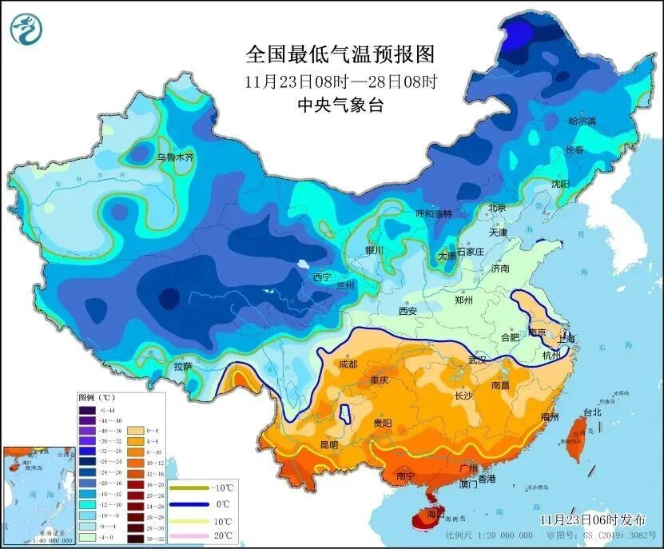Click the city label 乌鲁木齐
click(x=174, y=157)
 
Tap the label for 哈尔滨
click(x=582, y=121)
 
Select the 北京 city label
click(x=497, y=208)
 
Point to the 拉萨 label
click(x=183, y=366)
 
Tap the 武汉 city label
click(x=477, y=360)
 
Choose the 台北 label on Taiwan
click(x=591, y=412)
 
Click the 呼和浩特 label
click(x=433, y=213)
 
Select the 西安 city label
click(x=408, y=311)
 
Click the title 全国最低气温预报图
click(x=340, y=54)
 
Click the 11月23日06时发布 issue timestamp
click(x=587, y=519)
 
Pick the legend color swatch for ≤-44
click(x=86, y=411)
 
